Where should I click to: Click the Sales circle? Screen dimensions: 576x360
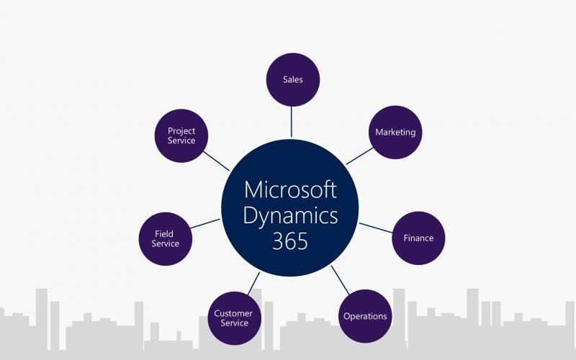point(293,80)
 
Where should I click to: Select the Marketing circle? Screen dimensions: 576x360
point(395,132)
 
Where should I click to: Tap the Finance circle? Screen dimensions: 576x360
point(418,238)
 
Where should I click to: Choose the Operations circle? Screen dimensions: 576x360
point(365,316)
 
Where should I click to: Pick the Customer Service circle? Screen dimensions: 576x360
point(235,318)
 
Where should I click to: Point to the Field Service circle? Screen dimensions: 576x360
point(166,239)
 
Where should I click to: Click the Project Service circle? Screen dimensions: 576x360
point(181,135)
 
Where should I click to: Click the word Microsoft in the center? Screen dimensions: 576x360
point(290,189)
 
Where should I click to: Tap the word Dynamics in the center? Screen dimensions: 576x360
point(290,216)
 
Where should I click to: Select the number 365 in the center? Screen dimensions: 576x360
point(290,241)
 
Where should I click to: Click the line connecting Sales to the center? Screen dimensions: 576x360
point(292,122)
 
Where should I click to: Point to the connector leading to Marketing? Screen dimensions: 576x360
point(359,156)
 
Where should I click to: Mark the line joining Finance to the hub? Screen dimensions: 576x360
point(376,228)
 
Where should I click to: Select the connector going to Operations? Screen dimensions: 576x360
point(340,280)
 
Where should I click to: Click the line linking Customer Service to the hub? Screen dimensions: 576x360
point(253,283)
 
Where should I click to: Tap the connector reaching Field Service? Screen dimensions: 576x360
point(205,224)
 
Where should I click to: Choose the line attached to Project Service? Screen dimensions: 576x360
point(217,161)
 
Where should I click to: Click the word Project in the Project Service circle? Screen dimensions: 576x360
point(181,131)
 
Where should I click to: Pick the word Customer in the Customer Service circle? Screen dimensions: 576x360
point(233,313)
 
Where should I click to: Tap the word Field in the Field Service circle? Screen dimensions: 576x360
point(164,233)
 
